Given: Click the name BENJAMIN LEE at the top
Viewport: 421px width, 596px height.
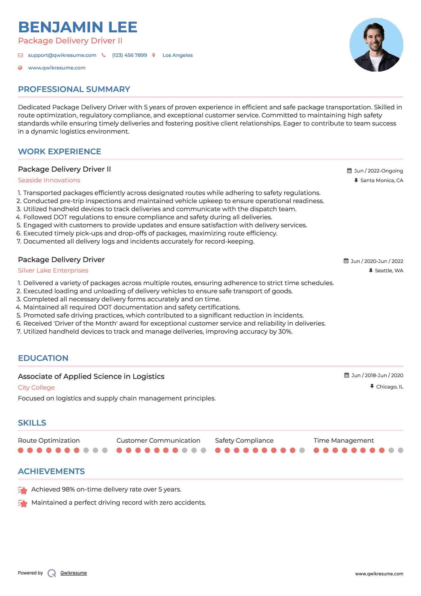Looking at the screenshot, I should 77,27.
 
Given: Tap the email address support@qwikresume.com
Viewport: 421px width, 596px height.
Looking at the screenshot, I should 62,55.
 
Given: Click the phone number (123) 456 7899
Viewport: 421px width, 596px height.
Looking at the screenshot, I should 129,55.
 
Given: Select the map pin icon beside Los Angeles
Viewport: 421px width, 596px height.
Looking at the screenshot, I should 154,55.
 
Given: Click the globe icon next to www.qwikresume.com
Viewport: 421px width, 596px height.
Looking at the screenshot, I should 20,68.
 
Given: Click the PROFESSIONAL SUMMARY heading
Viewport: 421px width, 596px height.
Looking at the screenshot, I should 74,89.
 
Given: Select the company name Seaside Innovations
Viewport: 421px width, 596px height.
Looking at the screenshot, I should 49,180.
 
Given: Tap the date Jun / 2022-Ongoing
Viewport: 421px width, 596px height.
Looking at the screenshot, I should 378,171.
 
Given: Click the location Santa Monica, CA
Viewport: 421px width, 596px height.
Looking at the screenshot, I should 382,181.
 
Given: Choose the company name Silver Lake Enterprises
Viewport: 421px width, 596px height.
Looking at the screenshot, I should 53,270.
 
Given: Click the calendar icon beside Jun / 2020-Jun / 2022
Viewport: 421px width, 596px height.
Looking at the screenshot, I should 346,261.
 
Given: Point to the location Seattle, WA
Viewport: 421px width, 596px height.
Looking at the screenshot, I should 389,271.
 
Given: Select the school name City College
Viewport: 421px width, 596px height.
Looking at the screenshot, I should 36,388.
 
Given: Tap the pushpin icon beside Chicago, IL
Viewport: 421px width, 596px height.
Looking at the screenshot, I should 372,387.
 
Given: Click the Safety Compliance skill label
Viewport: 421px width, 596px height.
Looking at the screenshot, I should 244,441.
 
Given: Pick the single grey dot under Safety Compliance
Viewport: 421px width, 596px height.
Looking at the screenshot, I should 302,450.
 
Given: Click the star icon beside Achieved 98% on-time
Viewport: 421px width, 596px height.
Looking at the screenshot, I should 23,490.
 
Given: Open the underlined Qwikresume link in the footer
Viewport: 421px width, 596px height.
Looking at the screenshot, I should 74,573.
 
